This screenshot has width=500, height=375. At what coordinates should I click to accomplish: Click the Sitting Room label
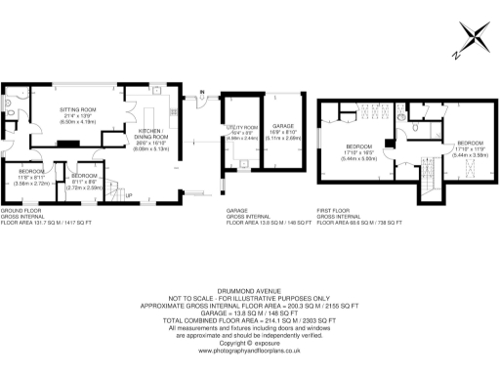tap(78, 113)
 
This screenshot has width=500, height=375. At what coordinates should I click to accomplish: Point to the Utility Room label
tap(244, 132)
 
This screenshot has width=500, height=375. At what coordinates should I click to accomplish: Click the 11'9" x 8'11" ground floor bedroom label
tap(32, 175)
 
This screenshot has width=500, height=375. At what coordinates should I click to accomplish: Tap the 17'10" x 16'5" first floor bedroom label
tap(359, 154)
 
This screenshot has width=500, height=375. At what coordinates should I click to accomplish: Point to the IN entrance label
tap(202, 94)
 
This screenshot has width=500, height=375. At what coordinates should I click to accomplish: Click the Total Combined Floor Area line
tap(249, 320)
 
